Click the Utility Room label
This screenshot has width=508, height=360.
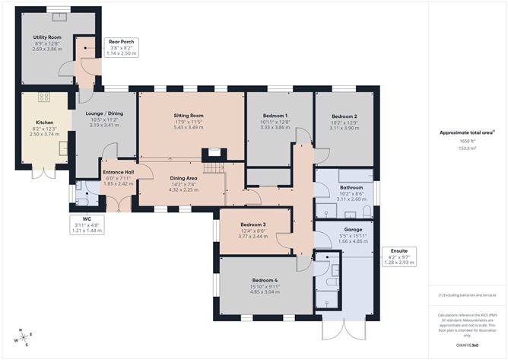[46, 37]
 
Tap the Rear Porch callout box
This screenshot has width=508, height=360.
[122, 47]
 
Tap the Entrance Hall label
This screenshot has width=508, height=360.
[118, 172]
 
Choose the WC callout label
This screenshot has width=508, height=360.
[87, 218]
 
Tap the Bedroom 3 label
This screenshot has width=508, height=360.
[253, 225]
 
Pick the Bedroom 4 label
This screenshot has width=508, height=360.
[264, 280]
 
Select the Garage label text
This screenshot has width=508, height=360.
[351, 228]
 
